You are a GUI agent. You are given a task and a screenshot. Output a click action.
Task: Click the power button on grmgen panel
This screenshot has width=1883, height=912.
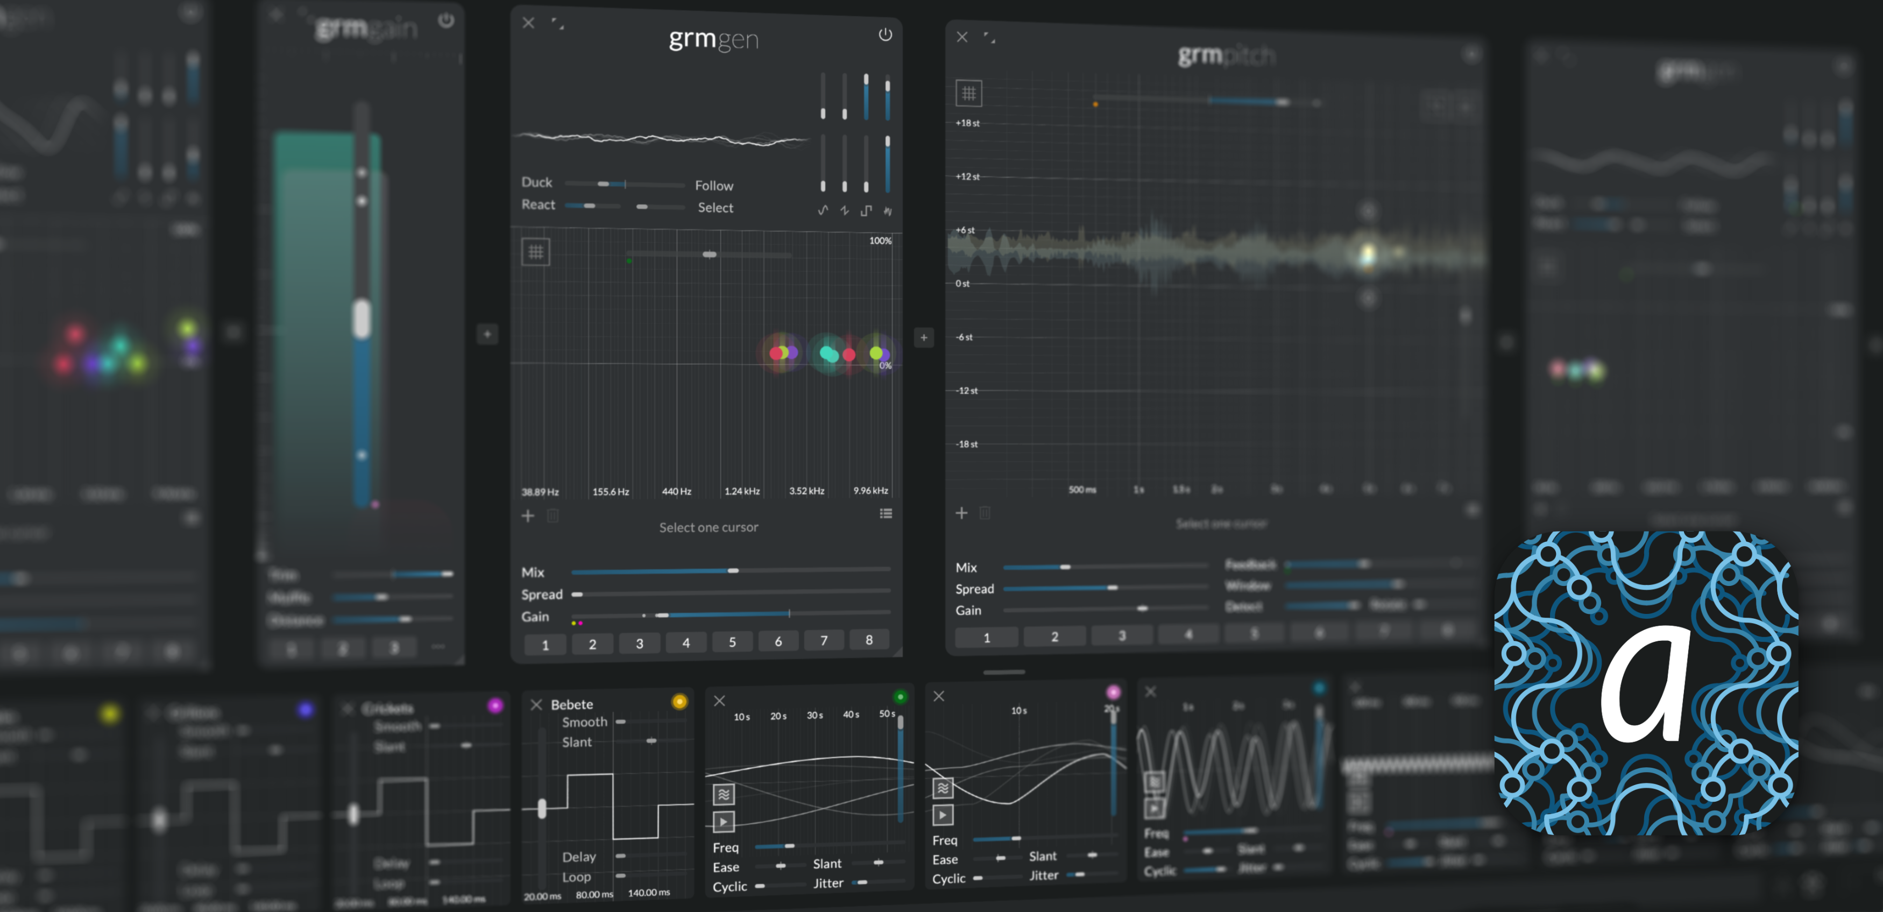tap(884, 34)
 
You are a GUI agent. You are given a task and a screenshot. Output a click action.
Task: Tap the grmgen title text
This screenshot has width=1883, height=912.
tap(713, 39)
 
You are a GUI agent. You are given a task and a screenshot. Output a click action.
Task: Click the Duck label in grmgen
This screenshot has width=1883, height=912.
tap(536, 182)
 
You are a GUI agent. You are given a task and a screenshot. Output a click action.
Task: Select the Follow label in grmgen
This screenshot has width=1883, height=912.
tap(713, 186)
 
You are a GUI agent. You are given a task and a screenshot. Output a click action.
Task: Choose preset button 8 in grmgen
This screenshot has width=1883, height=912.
tap(868, 640)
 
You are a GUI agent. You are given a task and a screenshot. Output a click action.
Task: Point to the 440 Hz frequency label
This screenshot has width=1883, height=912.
tap(676, 491)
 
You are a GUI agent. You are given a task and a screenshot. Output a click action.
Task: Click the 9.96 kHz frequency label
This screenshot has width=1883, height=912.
tap(870, 490)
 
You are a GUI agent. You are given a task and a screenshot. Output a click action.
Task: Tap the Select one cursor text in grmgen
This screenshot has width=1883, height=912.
tap(709, 527)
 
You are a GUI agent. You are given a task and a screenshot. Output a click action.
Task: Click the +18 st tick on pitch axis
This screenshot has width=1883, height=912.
tap(967, 123)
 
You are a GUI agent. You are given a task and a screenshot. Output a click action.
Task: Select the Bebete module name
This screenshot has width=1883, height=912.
tap(571, 704)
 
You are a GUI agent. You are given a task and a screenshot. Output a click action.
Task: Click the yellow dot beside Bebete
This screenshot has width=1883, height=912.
tap(679, 702)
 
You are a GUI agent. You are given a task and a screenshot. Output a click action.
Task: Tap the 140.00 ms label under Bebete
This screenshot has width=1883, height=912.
tap(648, 892)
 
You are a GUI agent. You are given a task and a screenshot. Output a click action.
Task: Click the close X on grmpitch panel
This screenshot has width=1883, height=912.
tap(962, 37)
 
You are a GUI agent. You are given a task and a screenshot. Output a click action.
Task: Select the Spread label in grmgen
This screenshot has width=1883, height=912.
tap(542, 594)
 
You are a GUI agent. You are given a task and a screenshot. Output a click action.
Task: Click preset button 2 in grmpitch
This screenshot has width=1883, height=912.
tap(1054, 637)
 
